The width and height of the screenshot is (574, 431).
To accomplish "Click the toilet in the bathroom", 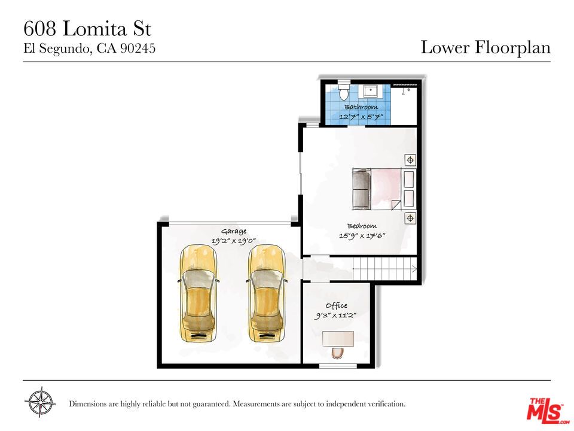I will pos(343,93).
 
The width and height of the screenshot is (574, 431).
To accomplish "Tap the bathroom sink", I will pos(371,91).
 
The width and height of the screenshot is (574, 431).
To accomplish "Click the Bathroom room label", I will pos(361,107).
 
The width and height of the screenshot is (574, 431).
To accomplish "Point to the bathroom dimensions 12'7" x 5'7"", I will pos(361,117).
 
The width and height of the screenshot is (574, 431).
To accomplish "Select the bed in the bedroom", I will pos(378,189).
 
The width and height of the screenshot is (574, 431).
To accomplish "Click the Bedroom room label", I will pos(362,226).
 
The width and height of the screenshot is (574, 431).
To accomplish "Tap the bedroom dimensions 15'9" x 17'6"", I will pos(362,236).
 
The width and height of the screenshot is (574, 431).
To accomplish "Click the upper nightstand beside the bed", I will pos(410,160).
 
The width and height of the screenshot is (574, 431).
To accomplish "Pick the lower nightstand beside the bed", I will pos(410,218).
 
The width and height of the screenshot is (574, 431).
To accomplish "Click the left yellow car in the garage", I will pos(199,293).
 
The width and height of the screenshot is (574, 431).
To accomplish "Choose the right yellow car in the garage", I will pos(266,293).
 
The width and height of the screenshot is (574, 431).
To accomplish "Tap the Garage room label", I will pos(233,231).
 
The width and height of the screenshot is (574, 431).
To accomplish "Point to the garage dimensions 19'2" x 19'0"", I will pos(233,241).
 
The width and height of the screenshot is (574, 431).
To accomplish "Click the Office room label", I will pos(336,305).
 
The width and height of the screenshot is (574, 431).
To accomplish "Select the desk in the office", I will pos(338,338).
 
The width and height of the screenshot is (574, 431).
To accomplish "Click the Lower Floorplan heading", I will pos(485,48).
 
